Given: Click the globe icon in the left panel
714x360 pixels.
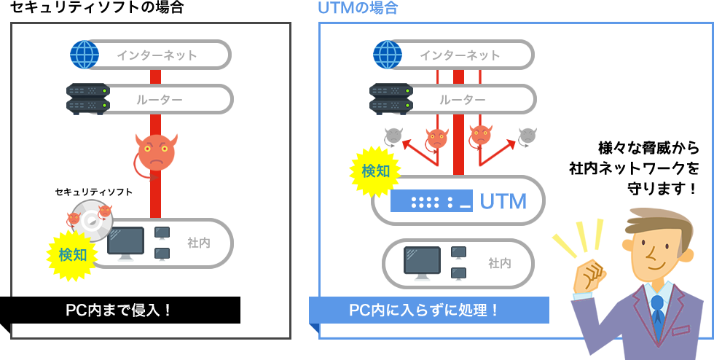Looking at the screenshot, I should [85, 55].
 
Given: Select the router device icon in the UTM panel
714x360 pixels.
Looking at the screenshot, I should [391, 98].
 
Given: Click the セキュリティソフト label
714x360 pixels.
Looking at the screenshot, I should [94, 192].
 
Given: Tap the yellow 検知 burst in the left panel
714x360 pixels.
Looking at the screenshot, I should [73, 254].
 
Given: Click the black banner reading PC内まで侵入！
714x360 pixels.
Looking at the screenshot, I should [119, 310].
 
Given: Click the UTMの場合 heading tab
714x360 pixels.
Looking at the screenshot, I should [358, 10].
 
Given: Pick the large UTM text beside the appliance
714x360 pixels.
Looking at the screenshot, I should [503, 201].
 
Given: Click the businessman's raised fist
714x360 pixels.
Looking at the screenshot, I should [591, 275].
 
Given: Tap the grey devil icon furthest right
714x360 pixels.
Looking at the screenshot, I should [527, 136].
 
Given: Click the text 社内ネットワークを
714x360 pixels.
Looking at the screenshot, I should [633, 168].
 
